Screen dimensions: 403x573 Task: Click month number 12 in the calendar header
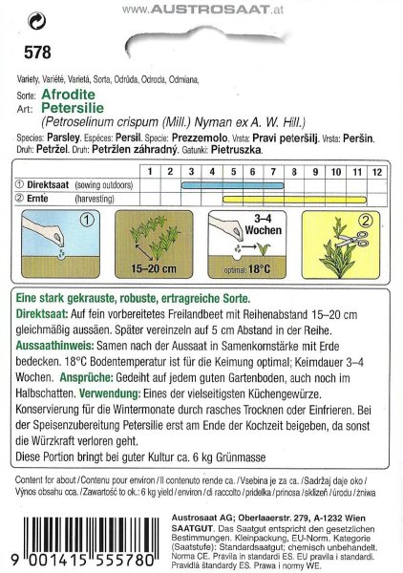[x=377, y=170]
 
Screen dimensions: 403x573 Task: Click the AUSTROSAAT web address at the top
[x=201, y=9]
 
